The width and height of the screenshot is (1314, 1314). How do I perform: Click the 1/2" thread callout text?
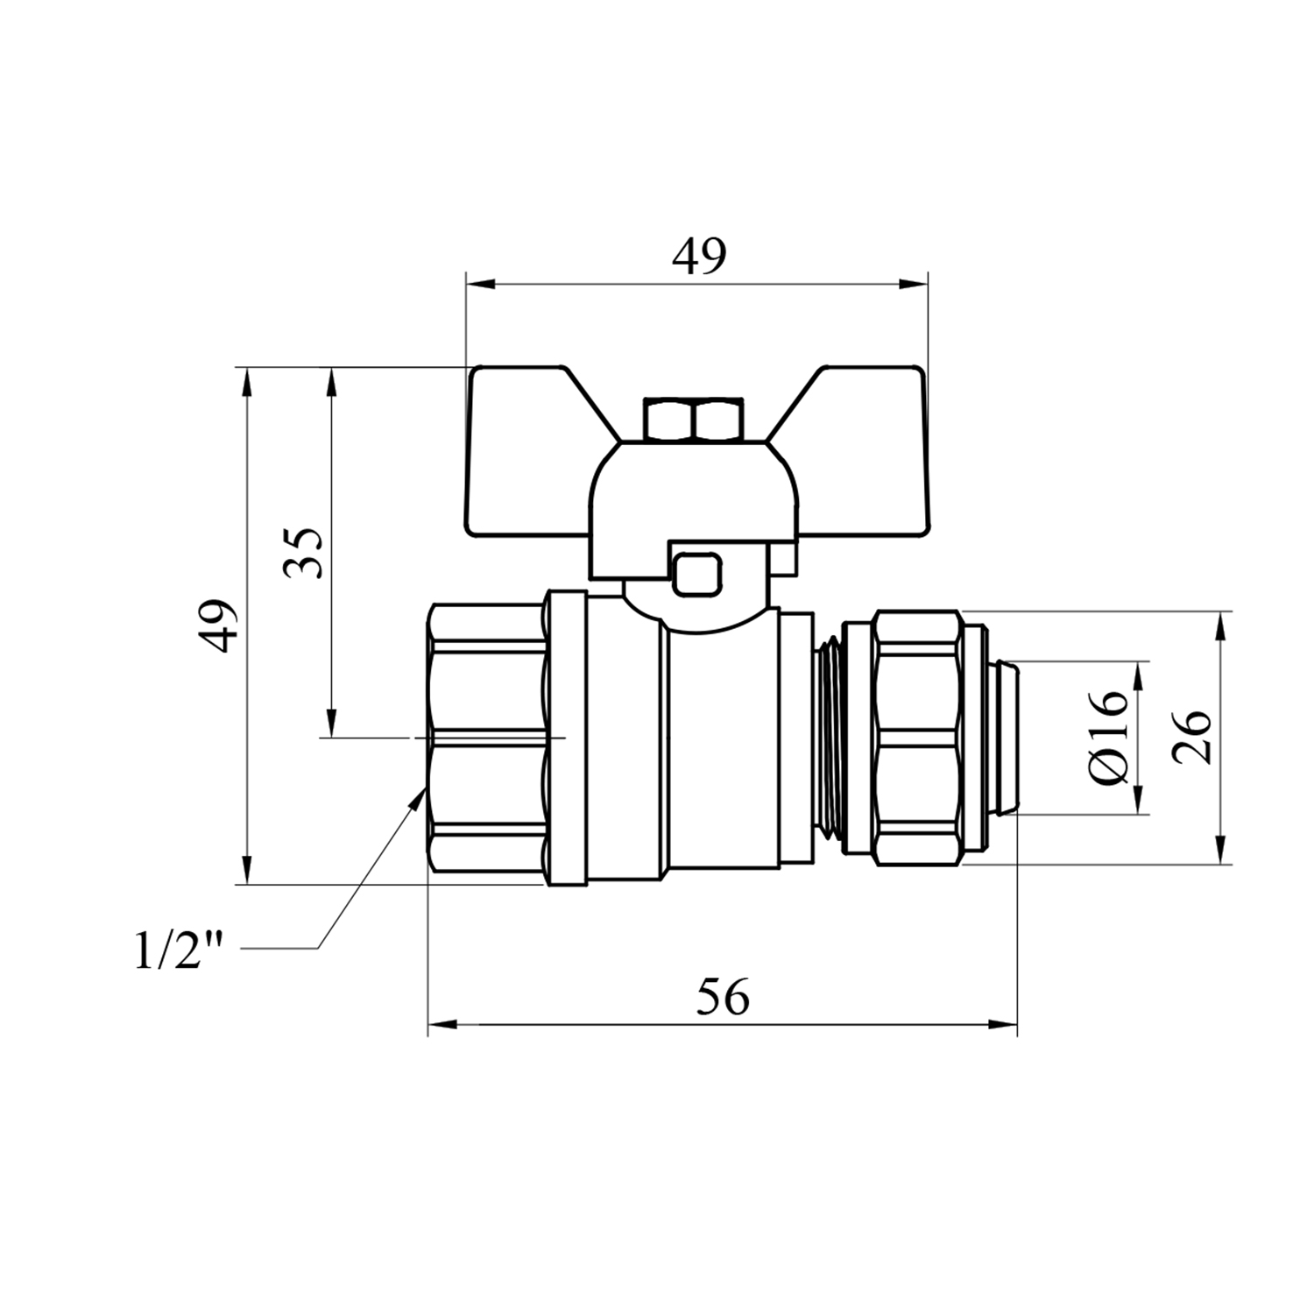pyautogui.click(x=180, y=950)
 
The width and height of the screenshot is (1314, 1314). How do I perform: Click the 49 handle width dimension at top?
pyautogui.click(x=699, y=256)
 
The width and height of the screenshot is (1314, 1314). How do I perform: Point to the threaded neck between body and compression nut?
pyautogui.click(x=827, y=738)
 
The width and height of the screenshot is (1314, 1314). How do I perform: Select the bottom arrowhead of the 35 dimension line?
pyautogui.click(x=331, y=722)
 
